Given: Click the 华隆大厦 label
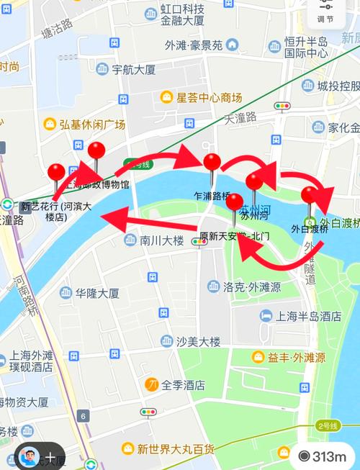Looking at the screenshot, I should pyautogui.click(x=99, y=293).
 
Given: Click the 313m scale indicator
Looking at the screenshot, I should pyautogui.click(x=323, y=456).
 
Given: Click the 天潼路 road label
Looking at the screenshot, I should pyautogui.click(x=240, y=117).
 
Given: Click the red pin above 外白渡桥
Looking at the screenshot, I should pyautogui.click(x=310, y=196).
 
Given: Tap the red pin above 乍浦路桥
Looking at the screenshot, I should pyautogui.click(x=211, y=163).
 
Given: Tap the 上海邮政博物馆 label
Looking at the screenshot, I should pyautogui.click(x=97, y=184).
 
